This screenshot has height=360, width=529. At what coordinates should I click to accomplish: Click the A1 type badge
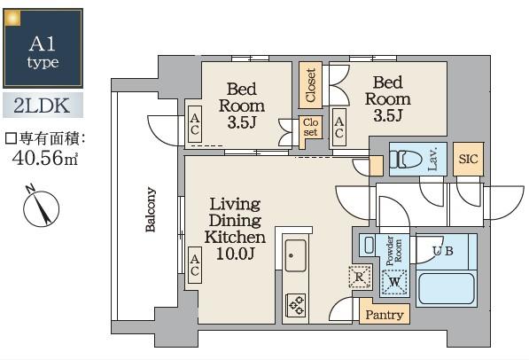(43, 48)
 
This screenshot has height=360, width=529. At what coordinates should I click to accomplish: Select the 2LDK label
(43, 106)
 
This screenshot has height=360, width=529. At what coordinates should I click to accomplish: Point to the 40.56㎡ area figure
(44, 158)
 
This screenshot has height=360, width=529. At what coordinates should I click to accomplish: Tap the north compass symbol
(41, 207)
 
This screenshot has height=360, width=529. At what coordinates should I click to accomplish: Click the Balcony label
(151, 209)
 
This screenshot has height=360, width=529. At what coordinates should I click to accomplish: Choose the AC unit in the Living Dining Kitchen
(195, 265)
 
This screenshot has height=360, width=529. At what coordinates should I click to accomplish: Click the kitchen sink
(296, 255)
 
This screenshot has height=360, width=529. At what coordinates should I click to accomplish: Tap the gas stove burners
(296, 305)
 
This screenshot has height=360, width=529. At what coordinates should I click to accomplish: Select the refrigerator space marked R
(360, 277)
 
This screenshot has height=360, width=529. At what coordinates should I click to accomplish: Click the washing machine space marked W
(394, 282)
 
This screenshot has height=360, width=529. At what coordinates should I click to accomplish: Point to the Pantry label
(385, 315)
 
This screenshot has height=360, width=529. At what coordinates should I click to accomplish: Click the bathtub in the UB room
(447, 288)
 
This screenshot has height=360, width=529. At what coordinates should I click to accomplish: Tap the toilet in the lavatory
(406, 159)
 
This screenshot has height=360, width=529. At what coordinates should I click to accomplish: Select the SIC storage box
(468, 159)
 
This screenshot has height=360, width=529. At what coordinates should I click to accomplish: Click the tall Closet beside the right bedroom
(310, 85)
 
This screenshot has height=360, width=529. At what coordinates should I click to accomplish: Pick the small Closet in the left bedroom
(310, 129)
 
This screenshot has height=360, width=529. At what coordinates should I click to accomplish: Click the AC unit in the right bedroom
(338, 127)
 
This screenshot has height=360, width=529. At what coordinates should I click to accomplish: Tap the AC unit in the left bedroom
(195, 124)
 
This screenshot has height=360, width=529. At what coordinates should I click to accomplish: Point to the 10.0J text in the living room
(235, 253)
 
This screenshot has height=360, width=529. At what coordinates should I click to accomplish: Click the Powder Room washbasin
(370, 245)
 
